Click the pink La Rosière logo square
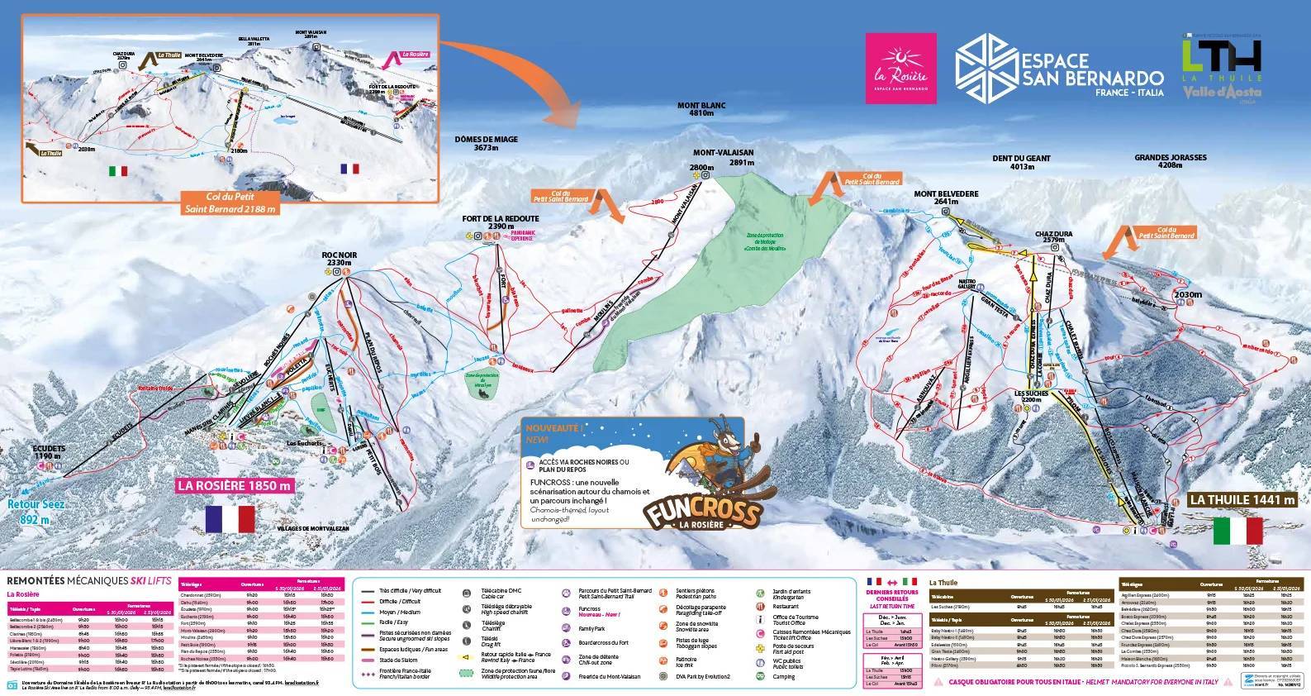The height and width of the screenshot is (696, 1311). tap(900, 68)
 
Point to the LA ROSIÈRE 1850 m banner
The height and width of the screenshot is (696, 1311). tap(235, 485)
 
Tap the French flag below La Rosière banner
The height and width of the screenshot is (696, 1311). tap(230, 519)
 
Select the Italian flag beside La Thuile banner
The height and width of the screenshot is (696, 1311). tap(1238, 531)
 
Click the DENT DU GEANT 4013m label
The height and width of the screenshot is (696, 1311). tap(1022, 162)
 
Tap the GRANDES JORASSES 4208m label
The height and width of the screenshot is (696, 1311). tap(1170, 161)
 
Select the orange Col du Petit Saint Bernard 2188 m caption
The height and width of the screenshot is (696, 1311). tap(231, 203)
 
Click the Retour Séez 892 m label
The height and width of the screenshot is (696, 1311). tap(35, 512)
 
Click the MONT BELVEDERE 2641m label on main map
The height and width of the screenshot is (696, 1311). tap(946, 198)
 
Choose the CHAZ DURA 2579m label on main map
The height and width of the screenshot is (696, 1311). tap(1053, 238)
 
